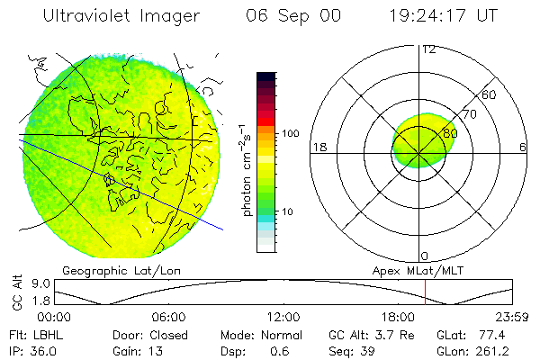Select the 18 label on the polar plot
point(318,147)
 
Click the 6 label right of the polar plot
point(523,147)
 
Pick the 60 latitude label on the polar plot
point(490,94)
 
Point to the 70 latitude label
point(468,115)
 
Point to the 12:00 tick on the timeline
point(283,318)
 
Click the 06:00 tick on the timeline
point(169,318)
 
